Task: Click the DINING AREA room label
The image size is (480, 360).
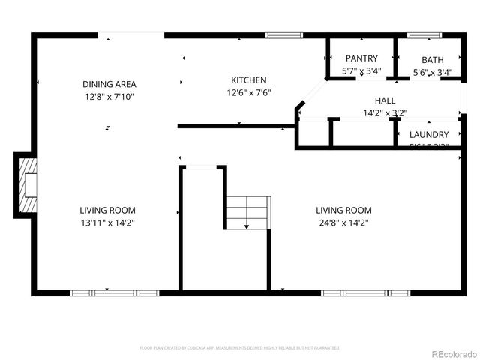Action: (x=109, y=84)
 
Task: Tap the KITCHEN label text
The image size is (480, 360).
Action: (x=248, y=80)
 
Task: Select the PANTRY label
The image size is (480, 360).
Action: (x=361, y=58)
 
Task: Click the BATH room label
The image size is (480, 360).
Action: (x=432, y=60)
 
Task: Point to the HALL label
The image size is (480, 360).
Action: (x=385, y=100)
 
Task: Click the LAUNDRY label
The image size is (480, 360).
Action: (x=429, y=134)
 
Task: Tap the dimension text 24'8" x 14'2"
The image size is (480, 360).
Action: (x=343, y=223)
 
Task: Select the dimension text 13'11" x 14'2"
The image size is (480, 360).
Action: (x=109, y=223)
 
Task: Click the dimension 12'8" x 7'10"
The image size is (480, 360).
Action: (x=109, y=97)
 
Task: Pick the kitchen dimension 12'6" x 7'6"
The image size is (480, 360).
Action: (x=248, y=93)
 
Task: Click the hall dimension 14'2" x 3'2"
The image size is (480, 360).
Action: (x=385, y=113)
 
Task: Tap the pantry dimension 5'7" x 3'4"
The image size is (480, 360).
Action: (x=361, y=72)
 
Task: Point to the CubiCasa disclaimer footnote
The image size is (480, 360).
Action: (x=240, y=348)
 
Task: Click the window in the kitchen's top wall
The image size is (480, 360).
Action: (x=280, y=34)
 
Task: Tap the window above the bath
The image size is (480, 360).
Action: (x=424, y=34)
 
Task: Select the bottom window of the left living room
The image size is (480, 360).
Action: (x=114, y=292)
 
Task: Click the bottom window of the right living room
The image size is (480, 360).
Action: (x=365, y=292)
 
